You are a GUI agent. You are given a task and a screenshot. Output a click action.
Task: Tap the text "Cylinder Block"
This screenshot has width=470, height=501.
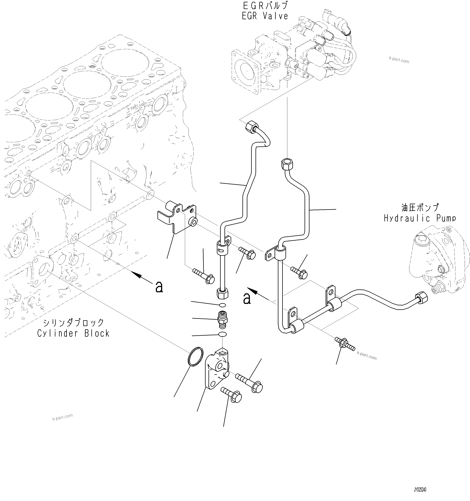(x=73, y=333)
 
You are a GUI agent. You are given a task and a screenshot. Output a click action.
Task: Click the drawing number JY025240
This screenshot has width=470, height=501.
(x=420, y=490)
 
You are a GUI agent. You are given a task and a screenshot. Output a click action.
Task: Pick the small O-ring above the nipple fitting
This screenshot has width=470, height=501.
(x=222, y=305)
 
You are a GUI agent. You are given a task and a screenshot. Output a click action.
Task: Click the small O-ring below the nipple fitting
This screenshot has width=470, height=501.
(x=222, y=334)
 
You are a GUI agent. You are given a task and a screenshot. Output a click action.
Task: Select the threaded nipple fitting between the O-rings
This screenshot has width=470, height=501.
(x=222, y=320)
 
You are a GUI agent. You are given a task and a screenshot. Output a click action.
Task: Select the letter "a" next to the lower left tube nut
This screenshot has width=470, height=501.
(x=247, y=299)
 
